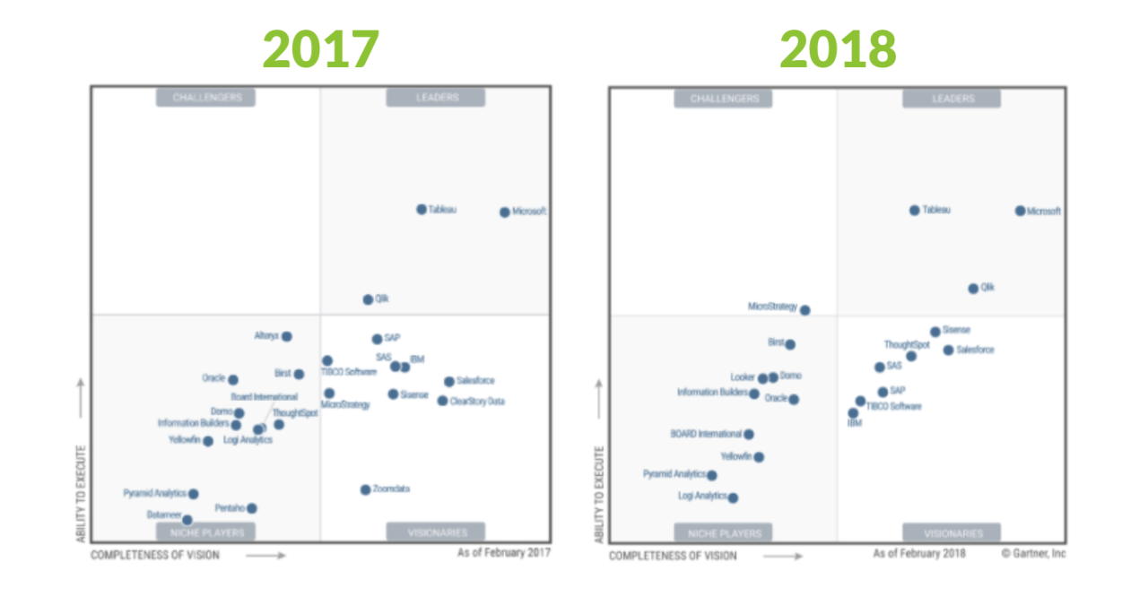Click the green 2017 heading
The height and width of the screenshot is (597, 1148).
point(320,49)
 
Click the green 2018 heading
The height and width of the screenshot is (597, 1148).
point(838,49)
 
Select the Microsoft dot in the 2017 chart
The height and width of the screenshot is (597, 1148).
point(505,212)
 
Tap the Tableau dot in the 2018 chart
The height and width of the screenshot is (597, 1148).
point(915,211)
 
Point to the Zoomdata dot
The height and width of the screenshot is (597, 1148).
point(365,489)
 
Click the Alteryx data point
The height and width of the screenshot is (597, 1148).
point(287,336)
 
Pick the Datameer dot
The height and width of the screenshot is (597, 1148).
point(187,520)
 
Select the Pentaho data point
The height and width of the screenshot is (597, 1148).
point(252,508)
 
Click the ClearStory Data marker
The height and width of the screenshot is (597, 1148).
point(442,401)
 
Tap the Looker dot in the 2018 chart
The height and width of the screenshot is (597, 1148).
point(762,378)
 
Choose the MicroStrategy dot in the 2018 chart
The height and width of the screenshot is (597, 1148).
point(804,310)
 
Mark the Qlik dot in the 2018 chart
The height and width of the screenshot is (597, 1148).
point(973,289)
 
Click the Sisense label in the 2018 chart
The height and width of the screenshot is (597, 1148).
point(956,330)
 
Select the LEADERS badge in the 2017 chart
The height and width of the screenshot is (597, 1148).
point(437,98)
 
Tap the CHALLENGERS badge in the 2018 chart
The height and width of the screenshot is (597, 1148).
point(724,99)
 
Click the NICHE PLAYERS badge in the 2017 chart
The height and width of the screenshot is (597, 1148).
point(206,532)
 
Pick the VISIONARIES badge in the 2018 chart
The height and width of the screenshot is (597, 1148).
point(952,532)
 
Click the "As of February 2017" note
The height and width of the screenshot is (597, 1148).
point(503,553)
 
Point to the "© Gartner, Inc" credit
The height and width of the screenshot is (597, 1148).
point(1033,553)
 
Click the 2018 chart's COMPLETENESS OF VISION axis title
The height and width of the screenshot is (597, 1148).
point(673,556)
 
